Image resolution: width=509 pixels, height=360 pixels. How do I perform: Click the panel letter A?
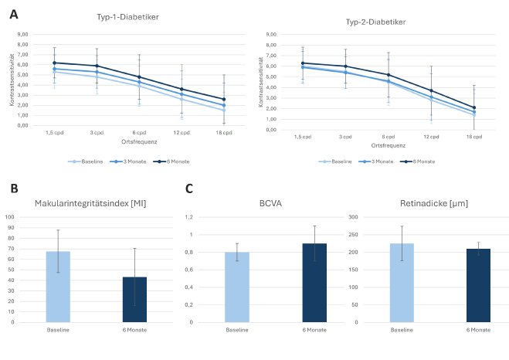[x=13, y=12]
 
